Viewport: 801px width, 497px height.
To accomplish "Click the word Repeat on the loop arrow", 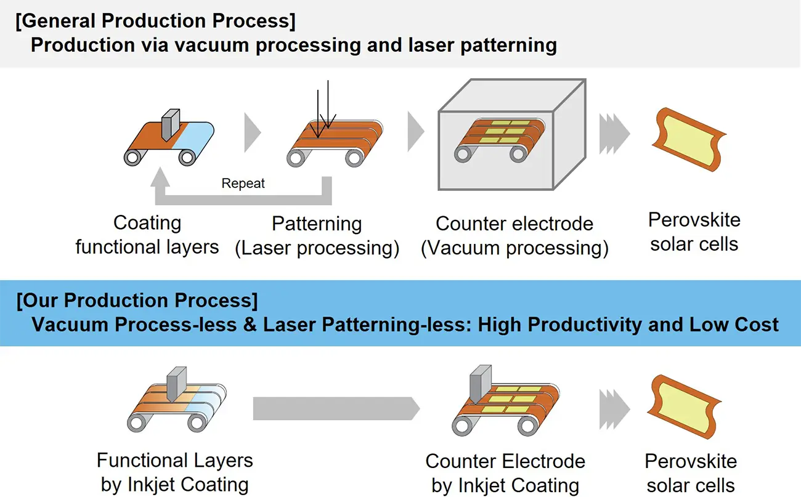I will [243, 184].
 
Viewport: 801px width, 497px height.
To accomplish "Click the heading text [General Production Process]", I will [156, 22].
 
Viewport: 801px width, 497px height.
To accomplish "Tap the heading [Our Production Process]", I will [137, 301].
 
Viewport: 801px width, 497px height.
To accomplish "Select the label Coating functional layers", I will [147, 235].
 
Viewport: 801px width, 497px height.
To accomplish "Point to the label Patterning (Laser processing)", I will [317, 235].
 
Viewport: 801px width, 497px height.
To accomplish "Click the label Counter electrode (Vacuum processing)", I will [514, 235].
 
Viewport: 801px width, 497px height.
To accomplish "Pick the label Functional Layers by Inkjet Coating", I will [175, 472].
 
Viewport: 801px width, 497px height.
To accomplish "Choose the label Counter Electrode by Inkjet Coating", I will [505, 473].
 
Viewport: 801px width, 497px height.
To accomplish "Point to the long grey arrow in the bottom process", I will [336, 407].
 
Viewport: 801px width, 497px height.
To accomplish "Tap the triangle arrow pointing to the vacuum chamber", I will [416, 131].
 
